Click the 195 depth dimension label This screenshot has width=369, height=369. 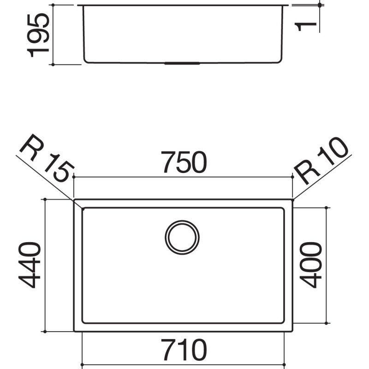pyautogui.click(x=38, y=35)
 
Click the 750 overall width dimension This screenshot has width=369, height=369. pyautogui.click(x=183, y=163)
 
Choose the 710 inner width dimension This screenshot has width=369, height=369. pyautogui.click(x=183, y=351)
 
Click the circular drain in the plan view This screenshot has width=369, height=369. pyautogui.click(x=182, y=237)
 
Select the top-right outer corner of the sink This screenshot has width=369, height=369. pyautogui.click(x=292, y=200)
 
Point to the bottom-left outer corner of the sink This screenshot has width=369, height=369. pyautogui.click(x=74, y=331)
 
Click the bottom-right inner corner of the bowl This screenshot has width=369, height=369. pyautogui.click(x=283, y=322)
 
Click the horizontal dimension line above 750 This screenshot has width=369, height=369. pyautogui.click(x=183, y=177)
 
